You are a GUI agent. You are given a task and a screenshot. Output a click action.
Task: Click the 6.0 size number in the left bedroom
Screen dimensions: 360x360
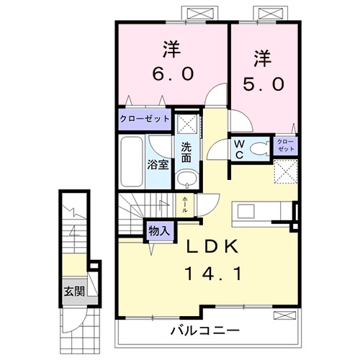pyautogui.click(x=171, y=75)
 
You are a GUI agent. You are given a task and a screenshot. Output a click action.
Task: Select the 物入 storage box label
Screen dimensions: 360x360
pyautogui.click(x=159, y=230)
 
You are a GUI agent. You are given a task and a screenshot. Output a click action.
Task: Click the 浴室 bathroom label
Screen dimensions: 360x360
pyautogui.click(x=158, y=163)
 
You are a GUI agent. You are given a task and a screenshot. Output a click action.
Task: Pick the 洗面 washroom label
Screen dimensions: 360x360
pyautogui.click(x=186, y=151)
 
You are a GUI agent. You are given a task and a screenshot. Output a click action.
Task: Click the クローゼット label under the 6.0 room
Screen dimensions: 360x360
pyautogui.click(x=145, y=119)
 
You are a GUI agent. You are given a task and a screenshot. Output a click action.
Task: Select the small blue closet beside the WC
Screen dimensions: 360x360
pyautogui.click(x=285, y=145)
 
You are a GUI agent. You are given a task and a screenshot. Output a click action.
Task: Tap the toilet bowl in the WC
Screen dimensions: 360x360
pyautogui.click(x=261, y=149)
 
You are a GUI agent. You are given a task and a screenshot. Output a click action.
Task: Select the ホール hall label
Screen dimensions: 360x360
pyautogui.click(x=186, y=202)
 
